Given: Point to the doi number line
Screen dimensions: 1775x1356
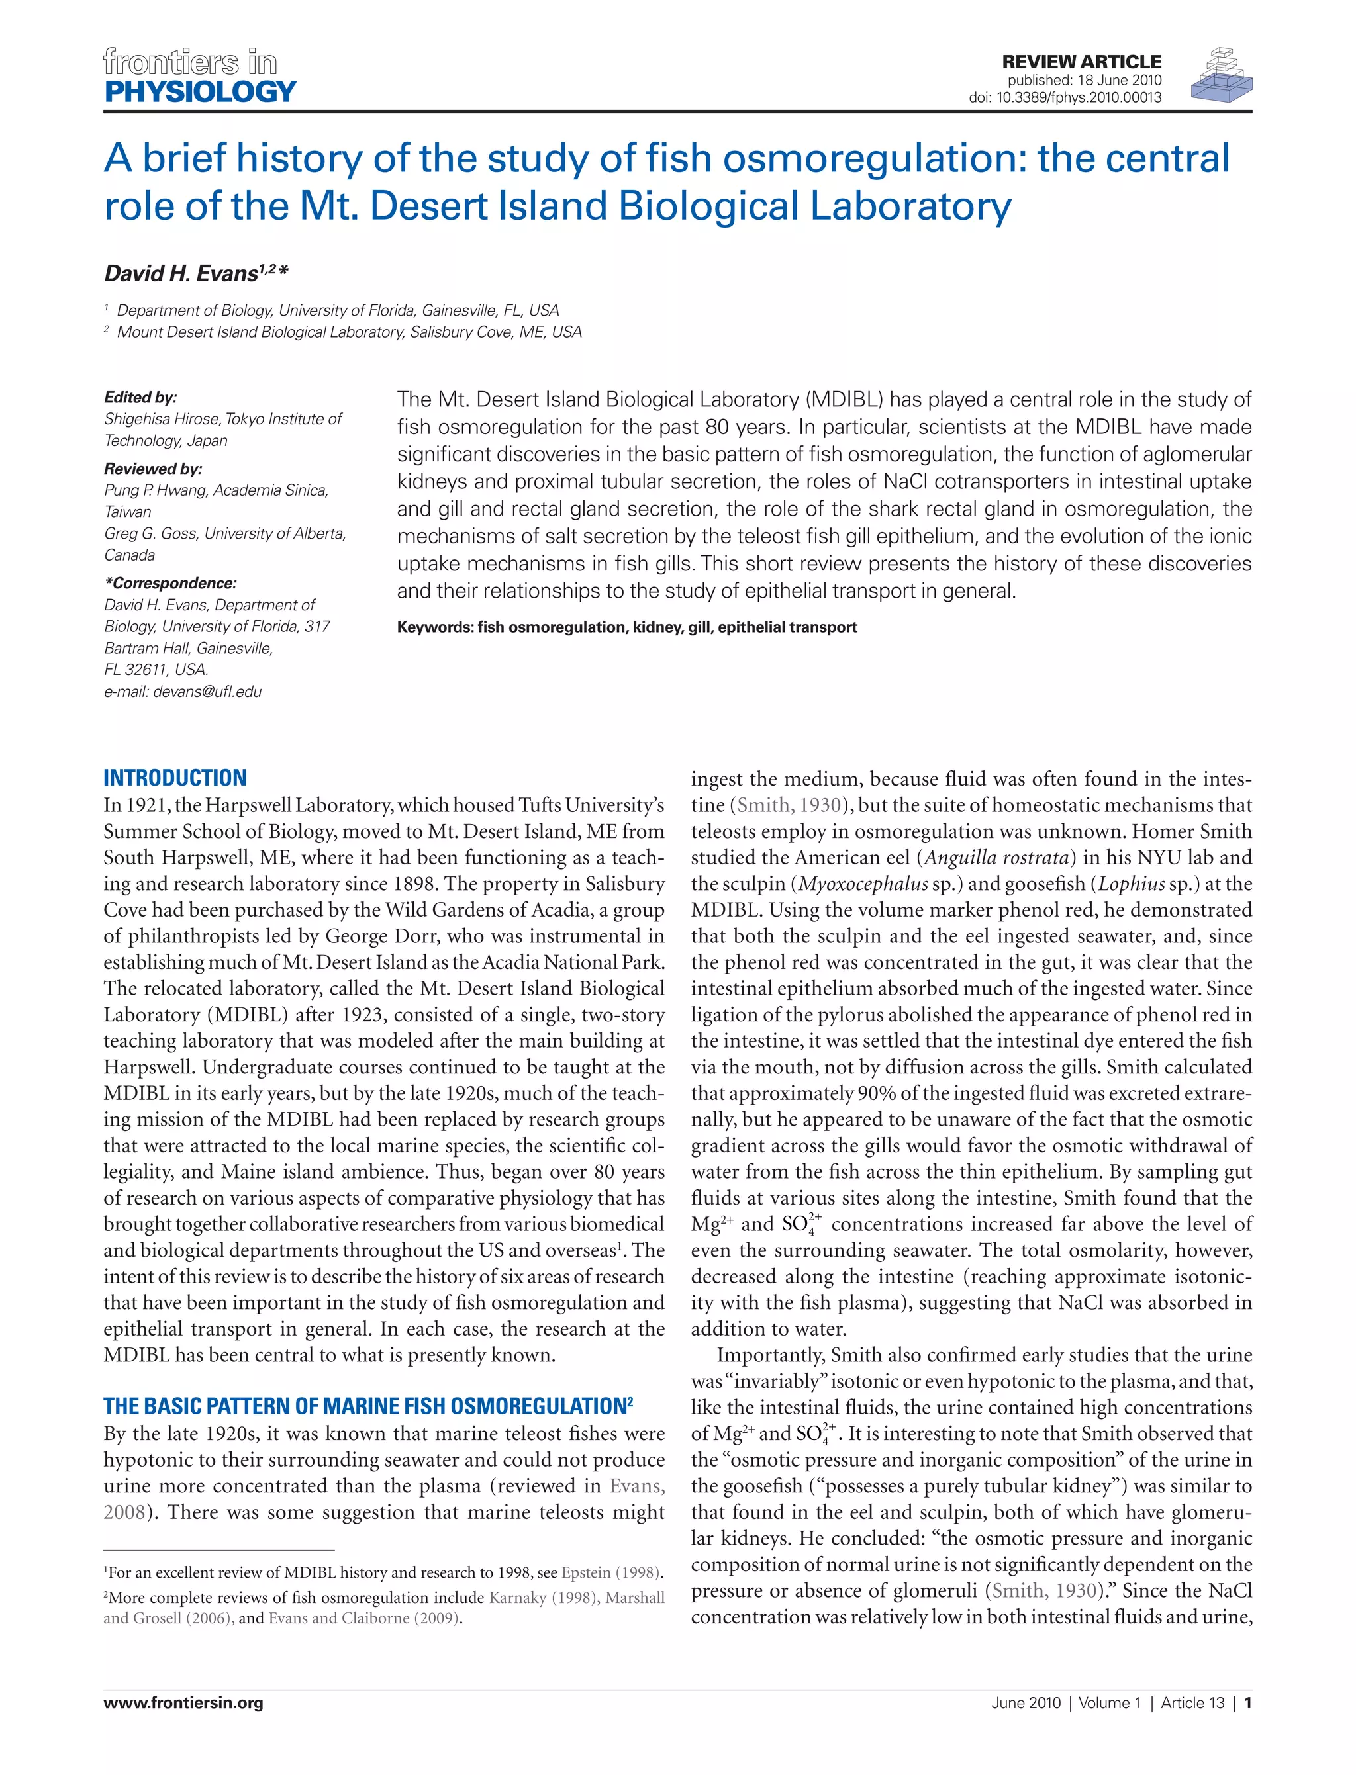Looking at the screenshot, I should click(1065, 98).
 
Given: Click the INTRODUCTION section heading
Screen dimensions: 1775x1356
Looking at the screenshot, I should click(175, 778).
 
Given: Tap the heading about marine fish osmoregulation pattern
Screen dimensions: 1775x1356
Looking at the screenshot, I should click(367, 1406).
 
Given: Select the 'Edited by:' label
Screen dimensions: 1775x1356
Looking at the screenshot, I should click(140, 397).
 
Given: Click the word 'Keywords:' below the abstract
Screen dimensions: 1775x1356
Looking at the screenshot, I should click(435, 627).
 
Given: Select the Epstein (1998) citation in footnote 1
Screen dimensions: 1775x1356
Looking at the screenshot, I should click(612, 1572).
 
